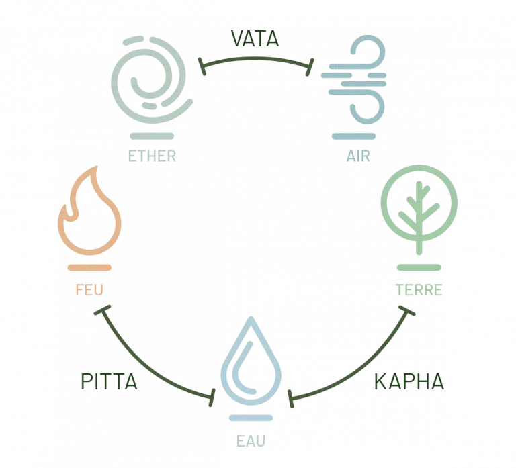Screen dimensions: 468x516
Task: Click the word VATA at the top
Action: pyautogui.click(x=255, y=38)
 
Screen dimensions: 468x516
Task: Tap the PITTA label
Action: pyautogui.click(x=109, y=381)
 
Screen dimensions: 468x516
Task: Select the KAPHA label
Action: pyautogui.click(x=408, y=381)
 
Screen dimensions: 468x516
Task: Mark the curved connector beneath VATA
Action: pyautogui.click(x=255, y=59)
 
